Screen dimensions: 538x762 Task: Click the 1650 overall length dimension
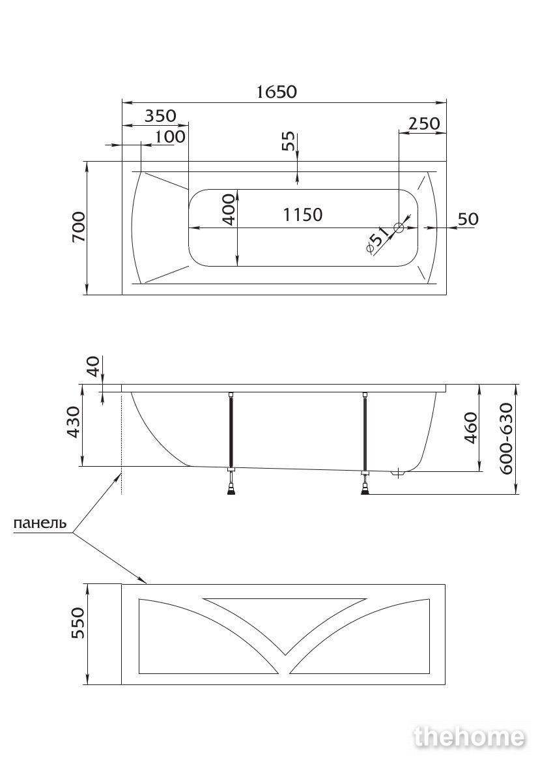click(x=276, y=91)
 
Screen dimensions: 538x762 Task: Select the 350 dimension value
click(x=160, y=115)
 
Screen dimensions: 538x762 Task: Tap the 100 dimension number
click(x=170, y=136)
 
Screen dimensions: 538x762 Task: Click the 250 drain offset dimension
click(x=424, y=123)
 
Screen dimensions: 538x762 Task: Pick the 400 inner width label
click(x=229, y=211)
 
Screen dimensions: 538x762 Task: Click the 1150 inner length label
click(x=303, y=214)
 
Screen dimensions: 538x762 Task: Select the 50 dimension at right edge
click(x=468, y=219)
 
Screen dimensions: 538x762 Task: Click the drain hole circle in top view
click(x=399, y=227)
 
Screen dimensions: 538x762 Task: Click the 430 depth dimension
click(x=73, y=422)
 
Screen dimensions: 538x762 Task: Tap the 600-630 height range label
click(x=506, y=439)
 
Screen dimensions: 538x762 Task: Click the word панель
click(x=40, y=523)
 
